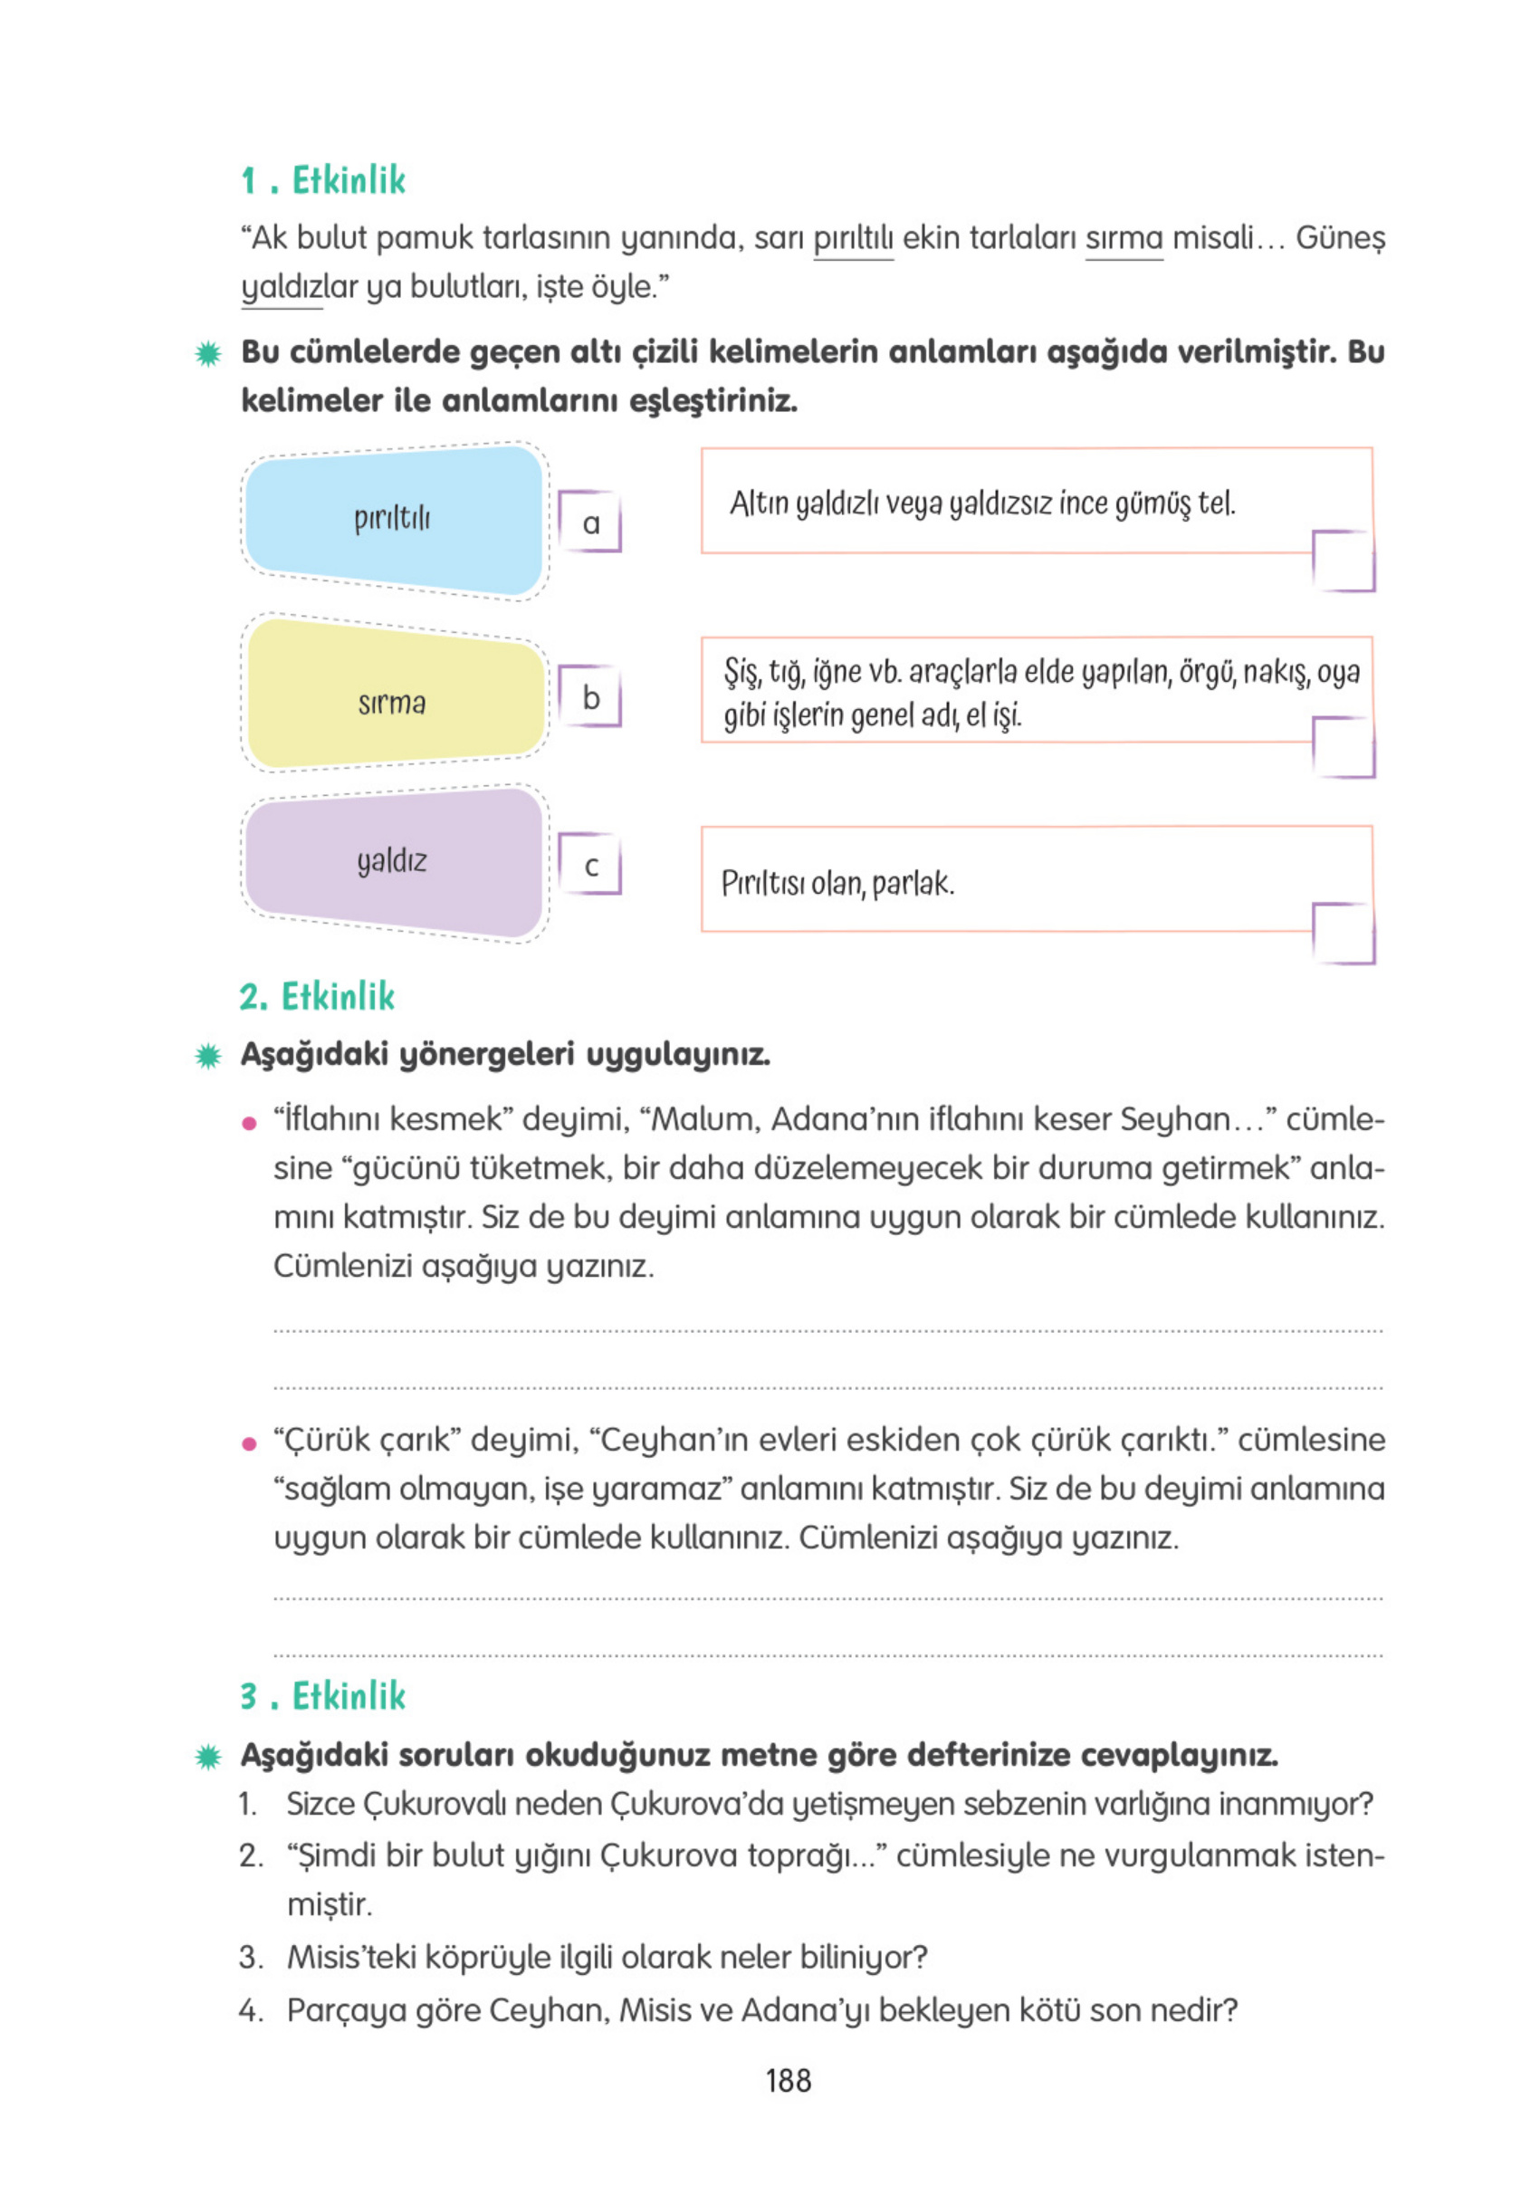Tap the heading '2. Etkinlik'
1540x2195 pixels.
316,996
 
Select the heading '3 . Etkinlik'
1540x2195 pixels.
322,1696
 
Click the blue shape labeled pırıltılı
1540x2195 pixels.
393,519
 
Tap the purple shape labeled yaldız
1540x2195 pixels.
393,861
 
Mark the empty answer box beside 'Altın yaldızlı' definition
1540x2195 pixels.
1343,561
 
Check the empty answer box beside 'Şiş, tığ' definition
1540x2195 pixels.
1343,747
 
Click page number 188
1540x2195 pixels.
788,2080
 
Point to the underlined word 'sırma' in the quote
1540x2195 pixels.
1124,238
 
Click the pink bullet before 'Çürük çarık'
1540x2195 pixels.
250,1443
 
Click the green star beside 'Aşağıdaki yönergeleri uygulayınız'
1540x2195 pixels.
207,1056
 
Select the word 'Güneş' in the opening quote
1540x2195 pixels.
1339,238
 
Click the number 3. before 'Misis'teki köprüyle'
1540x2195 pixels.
251,1957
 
